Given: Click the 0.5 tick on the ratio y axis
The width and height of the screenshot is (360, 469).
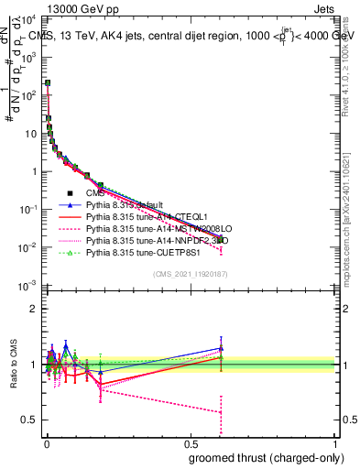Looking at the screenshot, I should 29,420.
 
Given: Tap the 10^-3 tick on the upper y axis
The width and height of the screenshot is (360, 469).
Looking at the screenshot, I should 28,287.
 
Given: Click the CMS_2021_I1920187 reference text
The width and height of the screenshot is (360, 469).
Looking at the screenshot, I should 190,274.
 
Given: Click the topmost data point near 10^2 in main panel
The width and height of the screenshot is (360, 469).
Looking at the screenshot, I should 47,83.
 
